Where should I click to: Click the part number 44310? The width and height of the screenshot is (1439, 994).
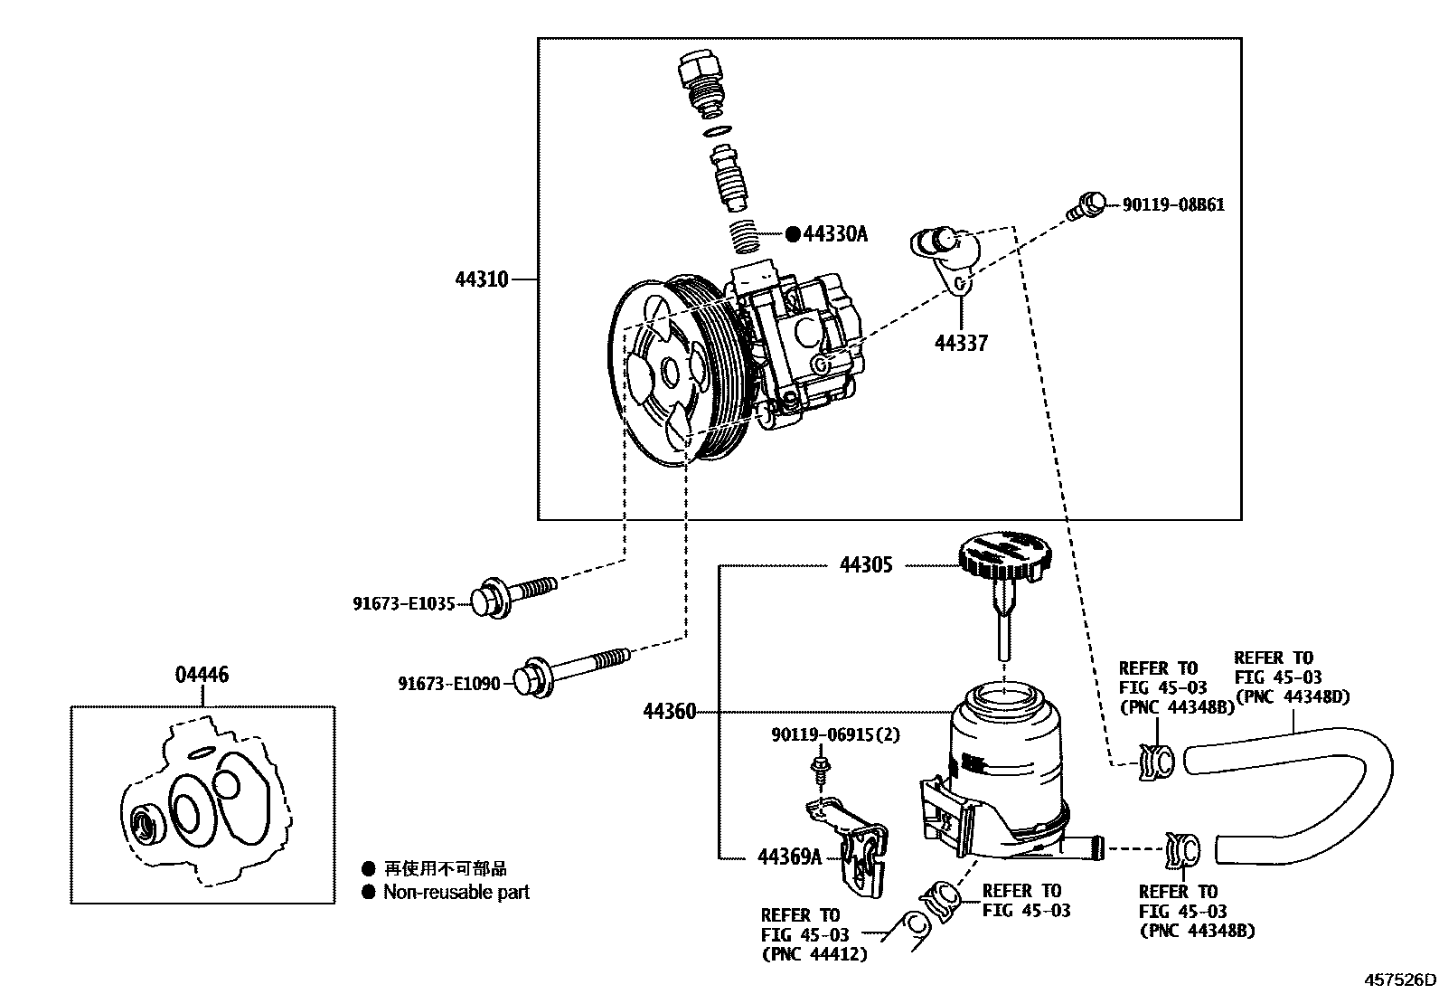tap(482, 279)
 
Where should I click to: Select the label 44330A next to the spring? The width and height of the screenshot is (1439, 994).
tap(835, 234)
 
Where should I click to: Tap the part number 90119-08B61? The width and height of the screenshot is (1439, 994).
tap(1173, 205)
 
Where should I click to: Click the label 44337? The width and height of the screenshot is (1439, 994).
tap(961, 343)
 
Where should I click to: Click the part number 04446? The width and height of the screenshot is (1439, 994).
tap(202, 674)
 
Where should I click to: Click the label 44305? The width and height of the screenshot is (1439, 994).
tap(866, 565)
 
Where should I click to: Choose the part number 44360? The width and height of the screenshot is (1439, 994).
tap(670, 712)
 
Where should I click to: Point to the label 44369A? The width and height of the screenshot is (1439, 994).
tap(789, 857)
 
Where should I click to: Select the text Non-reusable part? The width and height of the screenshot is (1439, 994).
tap(456, 892)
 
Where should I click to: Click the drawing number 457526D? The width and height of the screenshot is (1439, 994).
tap(1400, 980)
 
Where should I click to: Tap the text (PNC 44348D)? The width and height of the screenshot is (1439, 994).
tap(1292, 696)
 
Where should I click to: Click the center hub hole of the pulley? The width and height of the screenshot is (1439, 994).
tap(671, 371)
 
